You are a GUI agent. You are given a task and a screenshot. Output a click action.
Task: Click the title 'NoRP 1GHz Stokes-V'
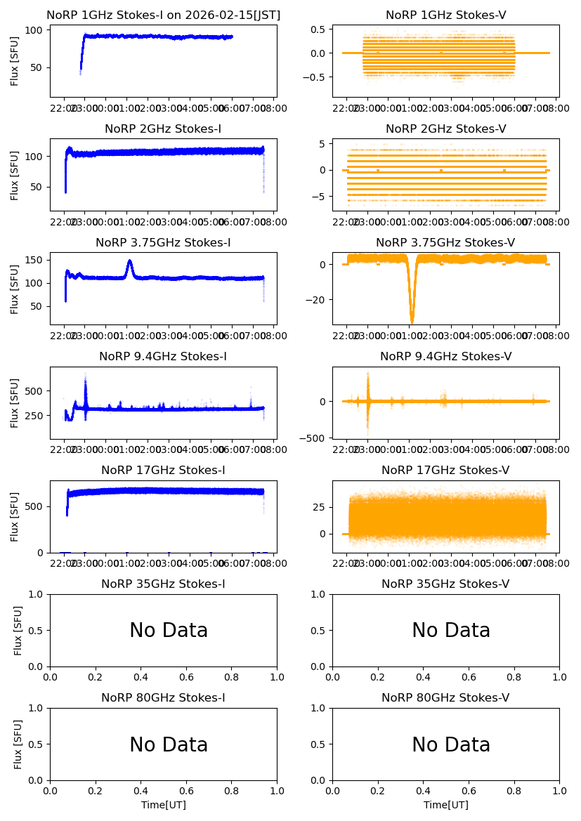tap(445, 15)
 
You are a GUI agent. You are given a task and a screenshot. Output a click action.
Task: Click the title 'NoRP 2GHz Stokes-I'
tap(163, 129)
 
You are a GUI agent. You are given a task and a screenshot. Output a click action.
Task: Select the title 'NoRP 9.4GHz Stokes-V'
tap(445, 357)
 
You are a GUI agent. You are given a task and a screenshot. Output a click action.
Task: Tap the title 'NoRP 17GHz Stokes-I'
tap(163, 471)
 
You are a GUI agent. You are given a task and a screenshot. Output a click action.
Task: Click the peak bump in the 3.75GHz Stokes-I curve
tap(130, 261)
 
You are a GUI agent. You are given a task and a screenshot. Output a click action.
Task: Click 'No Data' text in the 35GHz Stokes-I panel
tap(169, 631)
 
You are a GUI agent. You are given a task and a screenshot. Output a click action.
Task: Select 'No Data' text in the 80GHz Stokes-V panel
tap(451, 744)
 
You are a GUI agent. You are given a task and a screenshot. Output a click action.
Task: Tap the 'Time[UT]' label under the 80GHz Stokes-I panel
tap(163, 805)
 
